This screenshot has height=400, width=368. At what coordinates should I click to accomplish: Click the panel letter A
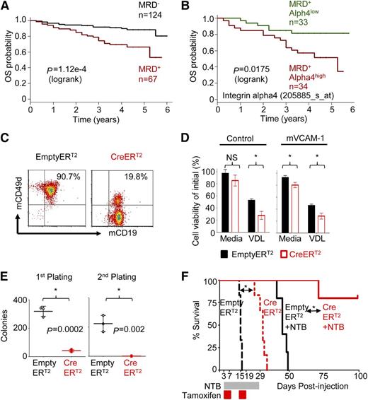(x=6, y=6)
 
